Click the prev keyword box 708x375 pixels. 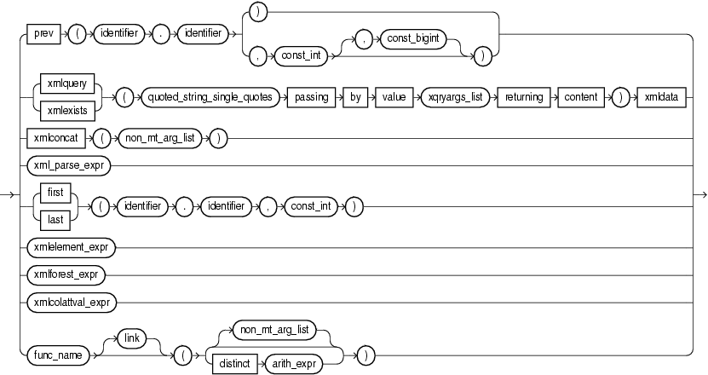[x=41, y=34]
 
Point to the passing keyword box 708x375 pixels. [x=312, y=97]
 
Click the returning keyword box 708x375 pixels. [x=523, y=97]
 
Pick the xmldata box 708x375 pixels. [x=660, y=97]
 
